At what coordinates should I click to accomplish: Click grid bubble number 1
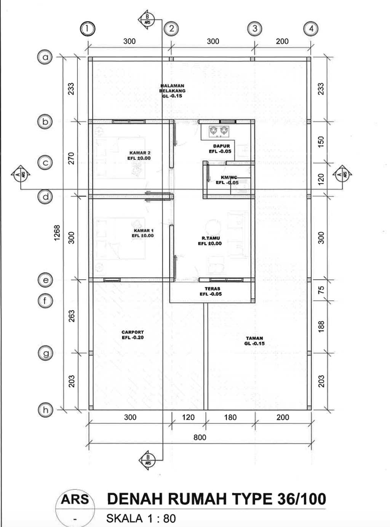point(87,29)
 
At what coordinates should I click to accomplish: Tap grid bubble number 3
point(255,29)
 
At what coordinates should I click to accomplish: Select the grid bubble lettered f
point(45,301)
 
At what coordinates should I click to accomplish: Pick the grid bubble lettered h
point(45,410)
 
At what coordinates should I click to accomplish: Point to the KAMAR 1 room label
point(143,233)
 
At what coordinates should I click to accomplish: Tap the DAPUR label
point(221,149)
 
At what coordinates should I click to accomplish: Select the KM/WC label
point(227,180)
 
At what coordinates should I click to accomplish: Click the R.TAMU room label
point(210,241)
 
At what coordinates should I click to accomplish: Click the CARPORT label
point(133,335)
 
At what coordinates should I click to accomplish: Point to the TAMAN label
point(254,341)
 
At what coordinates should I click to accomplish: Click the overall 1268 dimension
point(57,233)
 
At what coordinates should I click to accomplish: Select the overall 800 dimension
point(200,438)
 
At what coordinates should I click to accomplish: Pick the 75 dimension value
point(321,290)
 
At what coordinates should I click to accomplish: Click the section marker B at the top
point(147,20)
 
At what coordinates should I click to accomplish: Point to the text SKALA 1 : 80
point(141,518)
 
